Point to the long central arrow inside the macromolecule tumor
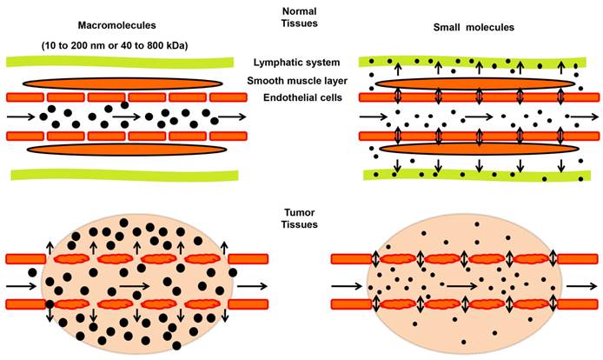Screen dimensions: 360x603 pos(134,283)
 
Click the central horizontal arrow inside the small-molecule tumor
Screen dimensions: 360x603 pos(455,283)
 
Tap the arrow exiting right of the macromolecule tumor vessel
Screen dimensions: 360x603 pos(253,283)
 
